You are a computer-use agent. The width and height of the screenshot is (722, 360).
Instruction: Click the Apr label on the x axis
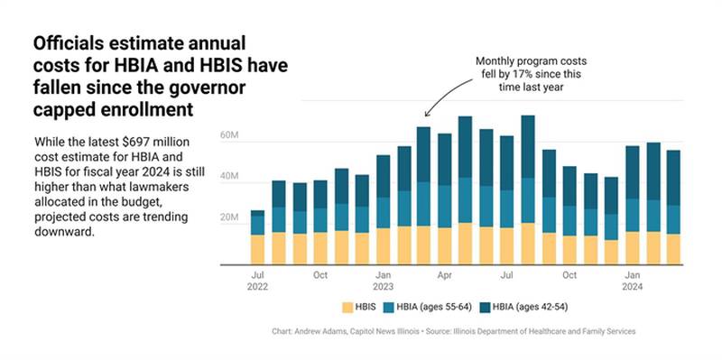444,273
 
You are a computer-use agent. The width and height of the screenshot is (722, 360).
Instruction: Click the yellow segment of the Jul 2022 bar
257,249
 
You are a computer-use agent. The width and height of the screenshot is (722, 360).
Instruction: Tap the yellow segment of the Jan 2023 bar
383,245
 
